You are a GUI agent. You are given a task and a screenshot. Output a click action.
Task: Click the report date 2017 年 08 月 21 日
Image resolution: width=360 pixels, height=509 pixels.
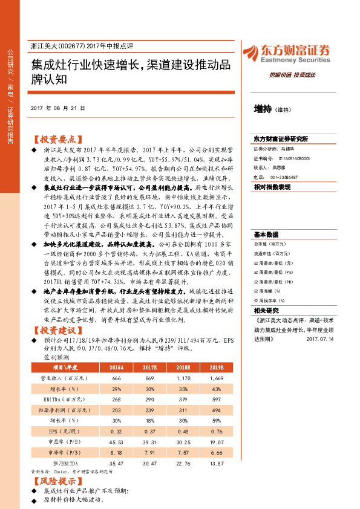click(57, 108)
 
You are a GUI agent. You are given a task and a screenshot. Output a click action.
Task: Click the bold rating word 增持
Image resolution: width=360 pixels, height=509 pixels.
click(263, 109)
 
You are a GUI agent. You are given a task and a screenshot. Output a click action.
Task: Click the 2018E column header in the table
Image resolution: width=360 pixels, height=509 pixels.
click(183, 367)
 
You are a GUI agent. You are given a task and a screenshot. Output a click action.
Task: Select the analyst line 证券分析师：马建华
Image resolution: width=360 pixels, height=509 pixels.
click(278, 148)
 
